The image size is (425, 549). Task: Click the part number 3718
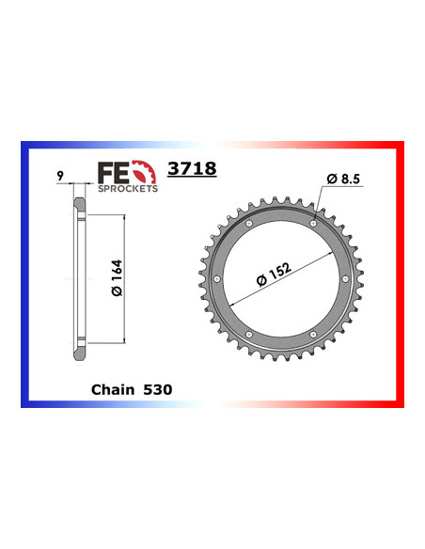pos(191,169)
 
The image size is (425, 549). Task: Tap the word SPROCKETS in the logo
pos(127,187)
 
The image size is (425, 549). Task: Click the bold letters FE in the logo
pos(112,172)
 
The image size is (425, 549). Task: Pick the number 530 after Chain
pos(157,388)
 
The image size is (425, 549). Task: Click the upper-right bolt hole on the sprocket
pos(313,224)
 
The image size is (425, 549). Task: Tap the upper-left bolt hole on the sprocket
pos(247,224)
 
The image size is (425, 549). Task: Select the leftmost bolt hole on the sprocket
pos(215,279)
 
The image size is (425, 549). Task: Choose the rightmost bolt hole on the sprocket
pos(345,279)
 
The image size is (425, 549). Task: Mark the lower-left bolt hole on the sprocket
pos(247,336)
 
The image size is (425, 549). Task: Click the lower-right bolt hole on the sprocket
pos(313,336)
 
